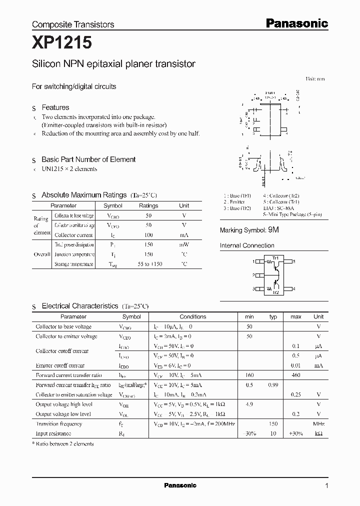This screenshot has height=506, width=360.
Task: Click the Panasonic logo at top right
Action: click(296, 23)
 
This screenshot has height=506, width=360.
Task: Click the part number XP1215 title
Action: click(61, 44)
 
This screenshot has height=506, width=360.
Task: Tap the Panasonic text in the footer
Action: click(180, 485)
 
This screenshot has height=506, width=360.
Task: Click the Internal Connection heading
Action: click(247, 245)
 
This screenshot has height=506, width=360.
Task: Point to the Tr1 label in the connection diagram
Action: click(274, 257)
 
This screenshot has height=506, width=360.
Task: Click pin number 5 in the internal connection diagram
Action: click(294, 261)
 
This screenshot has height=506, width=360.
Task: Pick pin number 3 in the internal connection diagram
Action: click(254, 288)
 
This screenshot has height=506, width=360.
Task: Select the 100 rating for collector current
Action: click(148, 235)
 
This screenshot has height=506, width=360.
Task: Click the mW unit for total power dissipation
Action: click(184, 245)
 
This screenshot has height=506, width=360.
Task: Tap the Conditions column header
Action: click(192, 316)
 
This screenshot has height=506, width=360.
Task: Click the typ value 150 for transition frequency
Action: click(273, 424)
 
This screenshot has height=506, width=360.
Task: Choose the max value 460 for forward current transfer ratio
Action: click(295, 375)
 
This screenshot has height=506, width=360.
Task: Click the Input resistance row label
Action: click(53, 433)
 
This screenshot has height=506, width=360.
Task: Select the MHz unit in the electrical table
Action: click(318, 424)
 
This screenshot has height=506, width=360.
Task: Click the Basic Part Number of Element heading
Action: click(88, 159)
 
